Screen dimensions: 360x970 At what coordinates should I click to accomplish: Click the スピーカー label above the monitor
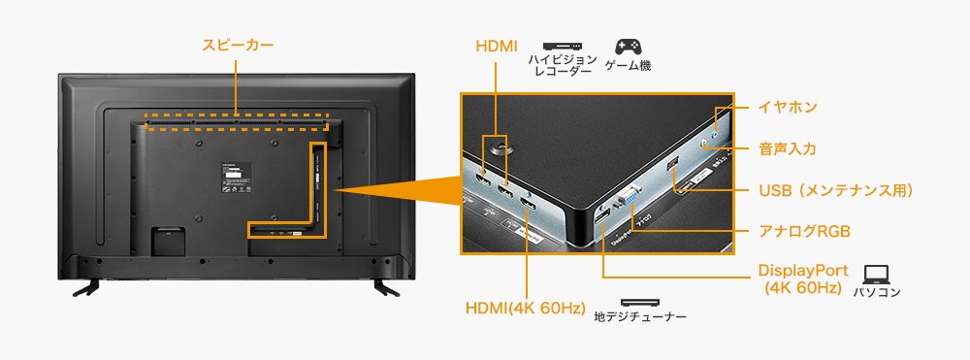[x=238, y=45]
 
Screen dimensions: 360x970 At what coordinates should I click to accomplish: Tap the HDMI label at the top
[x=498, y=47]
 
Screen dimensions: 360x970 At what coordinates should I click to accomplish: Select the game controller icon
[x=628, y=46]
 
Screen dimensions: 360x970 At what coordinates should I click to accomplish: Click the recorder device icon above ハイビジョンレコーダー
[x=562, y=46]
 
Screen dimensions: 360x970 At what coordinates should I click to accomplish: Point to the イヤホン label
[x=788, y=106]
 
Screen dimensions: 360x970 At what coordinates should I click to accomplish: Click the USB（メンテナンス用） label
[x=836, y=190]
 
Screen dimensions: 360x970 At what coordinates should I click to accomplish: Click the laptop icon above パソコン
[x=876, y=274]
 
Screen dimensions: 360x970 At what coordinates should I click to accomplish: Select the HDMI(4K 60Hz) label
[x=525, y=309]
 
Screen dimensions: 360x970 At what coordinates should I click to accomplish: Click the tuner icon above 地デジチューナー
[x=639, y=303]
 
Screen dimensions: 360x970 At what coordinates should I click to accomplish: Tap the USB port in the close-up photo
[x=671, y=164]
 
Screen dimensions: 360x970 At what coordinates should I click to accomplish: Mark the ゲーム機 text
[x=628, y=66]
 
